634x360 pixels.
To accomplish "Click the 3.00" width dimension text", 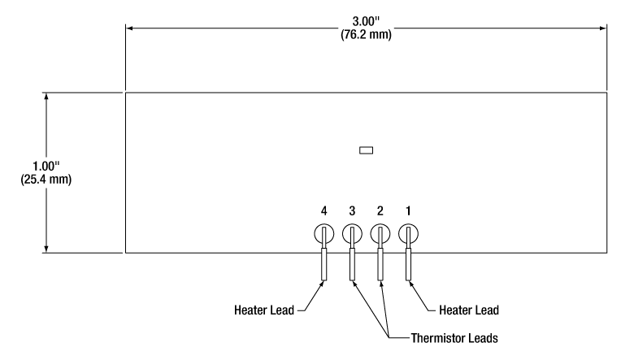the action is tap(366, 21).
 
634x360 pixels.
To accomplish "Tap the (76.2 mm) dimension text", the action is tap(366, 34).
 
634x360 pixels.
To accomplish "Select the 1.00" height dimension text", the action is tap(46, 166).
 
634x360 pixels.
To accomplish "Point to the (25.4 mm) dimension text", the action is tap(46, 180).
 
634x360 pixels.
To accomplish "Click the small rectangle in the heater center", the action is tap(367, 150).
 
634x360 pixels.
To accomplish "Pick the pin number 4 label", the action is tap(324, 211).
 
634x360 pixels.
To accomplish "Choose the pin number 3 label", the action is tap(352, 211).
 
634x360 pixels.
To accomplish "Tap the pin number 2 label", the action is tap(380, 211).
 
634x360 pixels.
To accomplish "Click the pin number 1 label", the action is tap(408, 211).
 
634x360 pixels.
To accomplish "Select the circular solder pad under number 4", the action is tap(315, 234).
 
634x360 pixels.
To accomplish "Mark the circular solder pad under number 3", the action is tap(344, 234).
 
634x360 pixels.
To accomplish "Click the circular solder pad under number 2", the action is tap(371, 234).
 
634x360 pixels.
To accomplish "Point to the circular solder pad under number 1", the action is tap(400, 234).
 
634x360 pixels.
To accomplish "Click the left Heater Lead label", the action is tap(264, 310).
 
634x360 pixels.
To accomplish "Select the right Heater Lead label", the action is tap(469, 310).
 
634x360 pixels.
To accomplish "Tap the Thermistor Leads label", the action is tap(454, 338).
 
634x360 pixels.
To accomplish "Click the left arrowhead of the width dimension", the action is tap(129, 28).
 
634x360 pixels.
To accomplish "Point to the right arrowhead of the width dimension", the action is tap(603, 28).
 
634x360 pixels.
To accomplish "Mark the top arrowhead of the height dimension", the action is tap(46, 97).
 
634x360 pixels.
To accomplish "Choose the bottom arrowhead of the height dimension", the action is tap(46, 249).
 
